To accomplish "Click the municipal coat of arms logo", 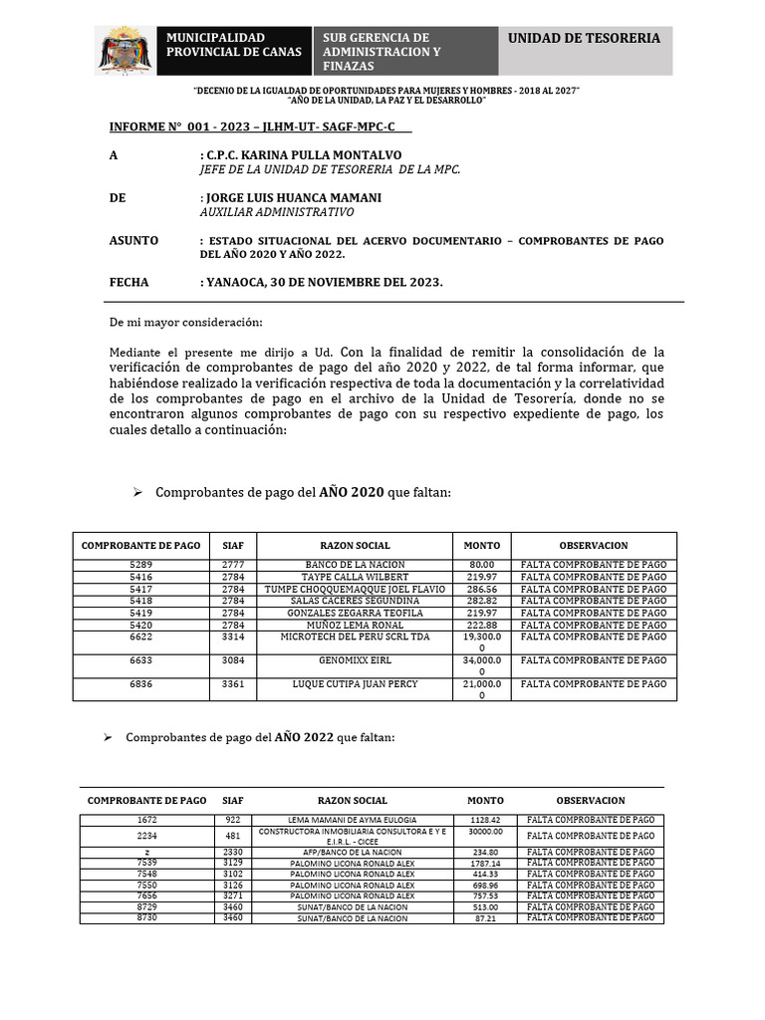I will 126,50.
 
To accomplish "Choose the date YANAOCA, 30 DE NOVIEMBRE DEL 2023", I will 324,282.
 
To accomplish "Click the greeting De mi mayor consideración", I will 185,322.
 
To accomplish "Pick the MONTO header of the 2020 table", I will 482,546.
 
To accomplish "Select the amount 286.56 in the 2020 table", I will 482,589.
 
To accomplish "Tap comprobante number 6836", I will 140,684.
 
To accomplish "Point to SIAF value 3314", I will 233,637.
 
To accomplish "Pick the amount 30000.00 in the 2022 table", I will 485,831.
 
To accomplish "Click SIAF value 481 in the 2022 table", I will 233,836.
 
